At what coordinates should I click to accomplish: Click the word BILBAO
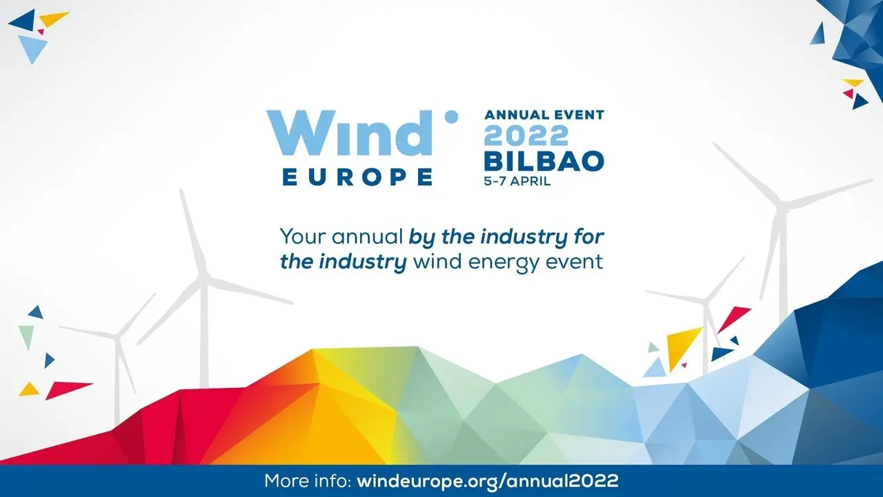pos(544,161)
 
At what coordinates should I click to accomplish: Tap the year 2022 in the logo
pos(526,135)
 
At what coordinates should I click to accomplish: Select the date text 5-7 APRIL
pos(517,181)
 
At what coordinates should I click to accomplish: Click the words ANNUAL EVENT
pos(544,115)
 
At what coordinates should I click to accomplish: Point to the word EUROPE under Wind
pos(357,177)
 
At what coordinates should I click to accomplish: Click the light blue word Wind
pos(350,133)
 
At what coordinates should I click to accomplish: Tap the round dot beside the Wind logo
pos(451,117)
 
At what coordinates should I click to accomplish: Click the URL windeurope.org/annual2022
pos(488,481)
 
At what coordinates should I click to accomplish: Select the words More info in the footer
pos(308,481)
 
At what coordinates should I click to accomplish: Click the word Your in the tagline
pos(303,237)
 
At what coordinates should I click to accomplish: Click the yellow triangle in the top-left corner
pos(54,19)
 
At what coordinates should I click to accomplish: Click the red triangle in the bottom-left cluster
pos(68,390)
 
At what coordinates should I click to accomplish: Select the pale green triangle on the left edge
pos(27,336)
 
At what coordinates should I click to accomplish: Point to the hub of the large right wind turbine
pos(782,206)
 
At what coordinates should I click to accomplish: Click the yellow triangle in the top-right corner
pos(853,82)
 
